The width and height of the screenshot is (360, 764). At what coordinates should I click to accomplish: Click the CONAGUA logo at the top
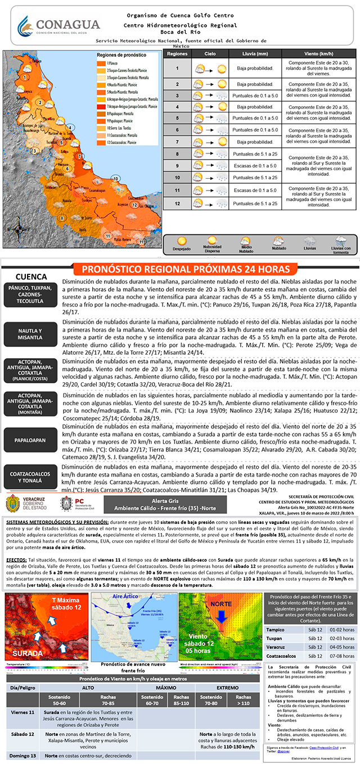pyautogui.click(x=58, y=25)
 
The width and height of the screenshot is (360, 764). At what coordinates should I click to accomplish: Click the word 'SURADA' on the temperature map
pyautogui.click(x=27, y=653)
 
